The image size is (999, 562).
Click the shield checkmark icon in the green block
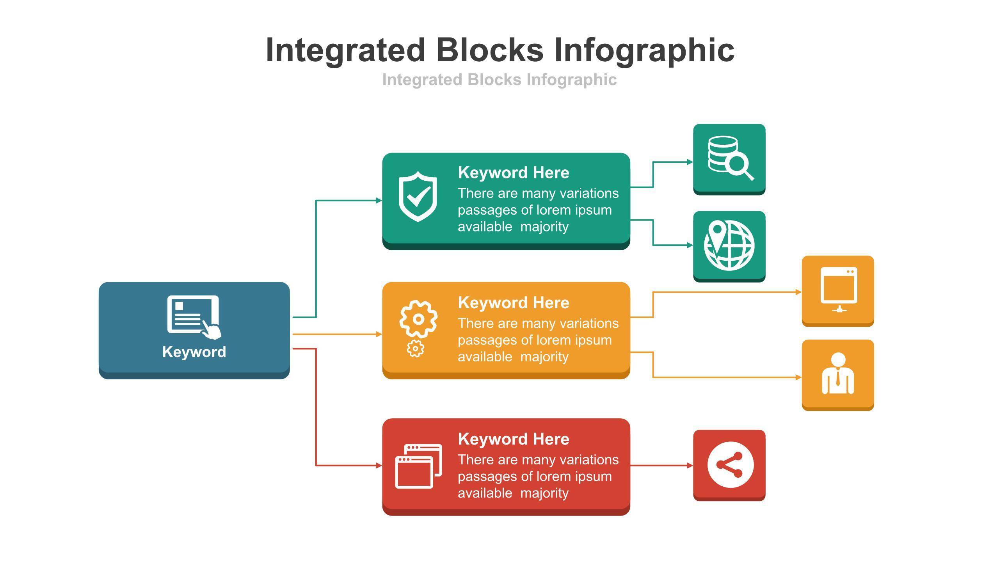418,196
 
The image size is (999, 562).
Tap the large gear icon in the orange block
418,319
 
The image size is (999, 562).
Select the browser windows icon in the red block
418,466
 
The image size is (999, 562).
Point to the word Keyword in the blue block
194,352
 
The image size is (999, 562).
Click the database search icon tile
729,158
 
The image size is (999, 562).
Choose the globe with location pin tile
729,245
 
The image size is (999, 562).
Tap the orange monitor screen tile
837,290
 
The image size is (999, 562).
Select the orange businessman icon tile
837,374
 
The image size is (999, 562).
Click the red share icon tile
729,464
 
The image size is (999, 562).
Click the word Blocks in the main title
489,50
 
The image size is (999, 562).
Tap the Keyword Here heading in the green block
513,173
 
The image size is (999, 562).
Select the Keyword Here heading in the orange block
513,302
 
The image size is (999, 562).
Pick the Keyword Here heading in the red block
513,439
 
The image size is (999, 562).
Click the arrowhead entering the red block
379,465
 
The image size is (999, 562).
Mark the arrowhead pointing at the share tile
690,465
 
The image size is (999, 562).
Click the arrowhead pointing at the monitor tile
798,292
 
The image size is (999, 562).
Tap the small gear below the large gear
415,349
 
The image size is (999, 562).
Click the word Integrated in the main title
345,50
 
